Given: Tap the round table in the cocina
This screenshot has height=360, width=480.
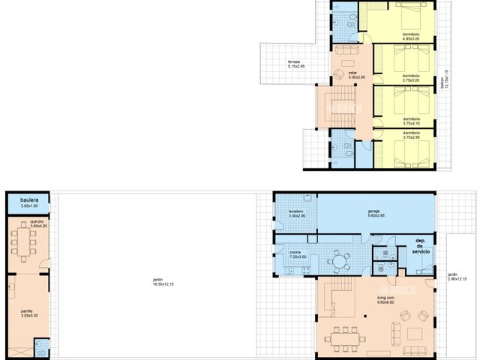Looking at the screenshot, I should (341, 262).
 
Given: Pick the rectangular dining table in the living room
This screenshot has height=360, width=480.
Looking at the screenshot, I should (346, 337).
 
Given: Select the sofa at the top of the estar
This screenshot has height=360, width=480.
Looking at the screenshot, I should (347, 50).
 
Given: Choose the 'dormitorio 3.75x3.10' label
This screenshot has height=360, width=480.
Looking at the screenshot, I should (411, 120).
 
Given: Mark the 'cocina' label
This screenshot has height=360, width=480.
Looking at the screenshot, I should (295, 254).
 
